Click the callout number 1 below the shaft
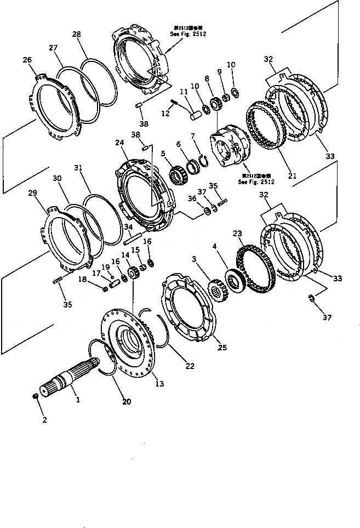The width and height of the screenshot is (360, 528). pos(78,400)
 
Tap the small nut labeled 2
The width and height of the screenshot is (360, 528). pos(36,397)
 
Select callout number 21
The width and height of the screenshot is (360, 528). pos(292,176)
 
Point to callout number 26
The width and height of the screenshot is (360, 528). pos(27,60)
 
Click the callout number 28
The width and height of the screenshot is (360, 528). pos(76,34)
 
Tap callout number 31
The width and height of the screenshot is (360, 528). pos(78,168)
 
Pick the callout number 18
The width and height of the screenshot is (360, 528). pos(83,279)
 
